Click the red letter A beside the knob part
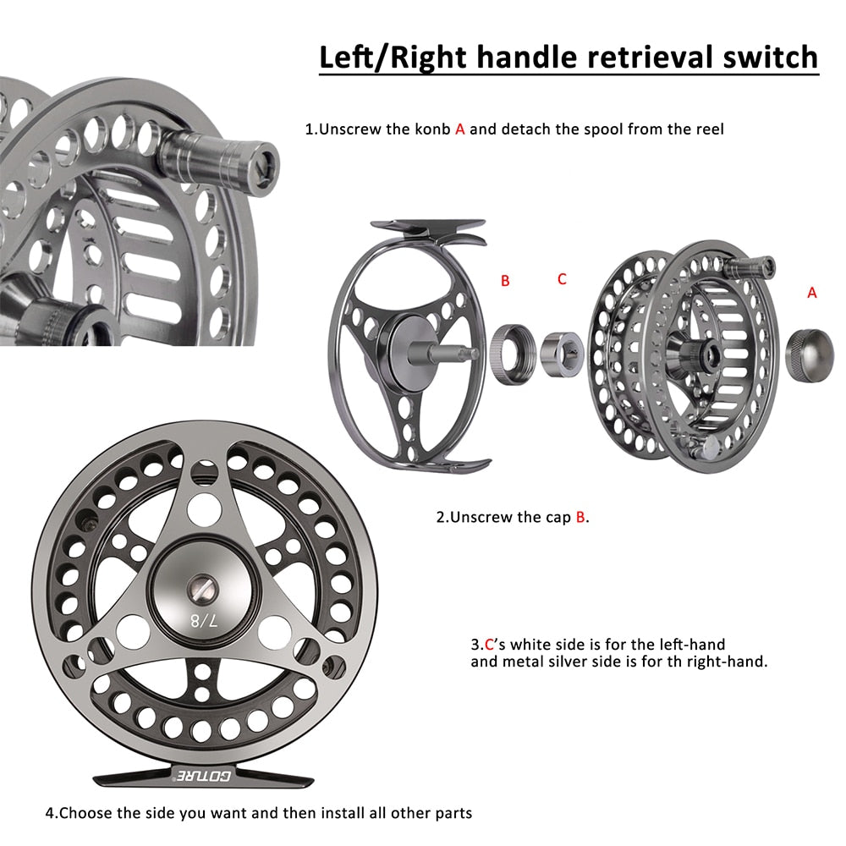(812, 292)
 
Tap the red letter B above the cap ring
(505, 281)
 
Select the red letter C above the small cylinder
(562, 279)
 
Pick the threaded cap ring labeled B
(513, 352)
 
